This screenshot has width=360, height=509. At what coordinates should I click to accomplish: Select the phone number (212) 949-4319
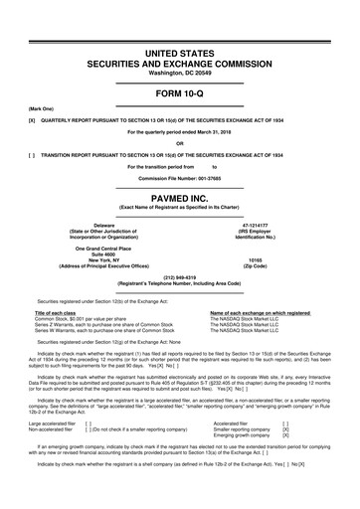[179, 277]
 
